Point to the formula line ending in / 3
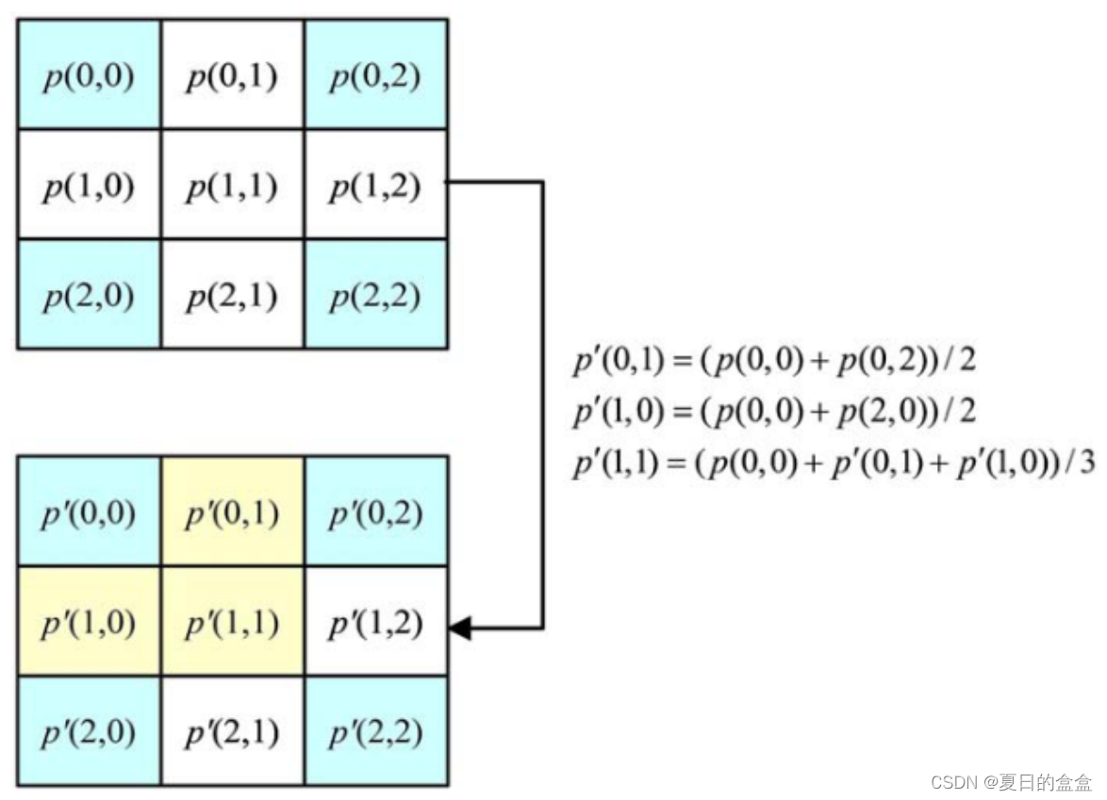click(832, 465)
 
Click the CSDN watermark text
click(1010, 781)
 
